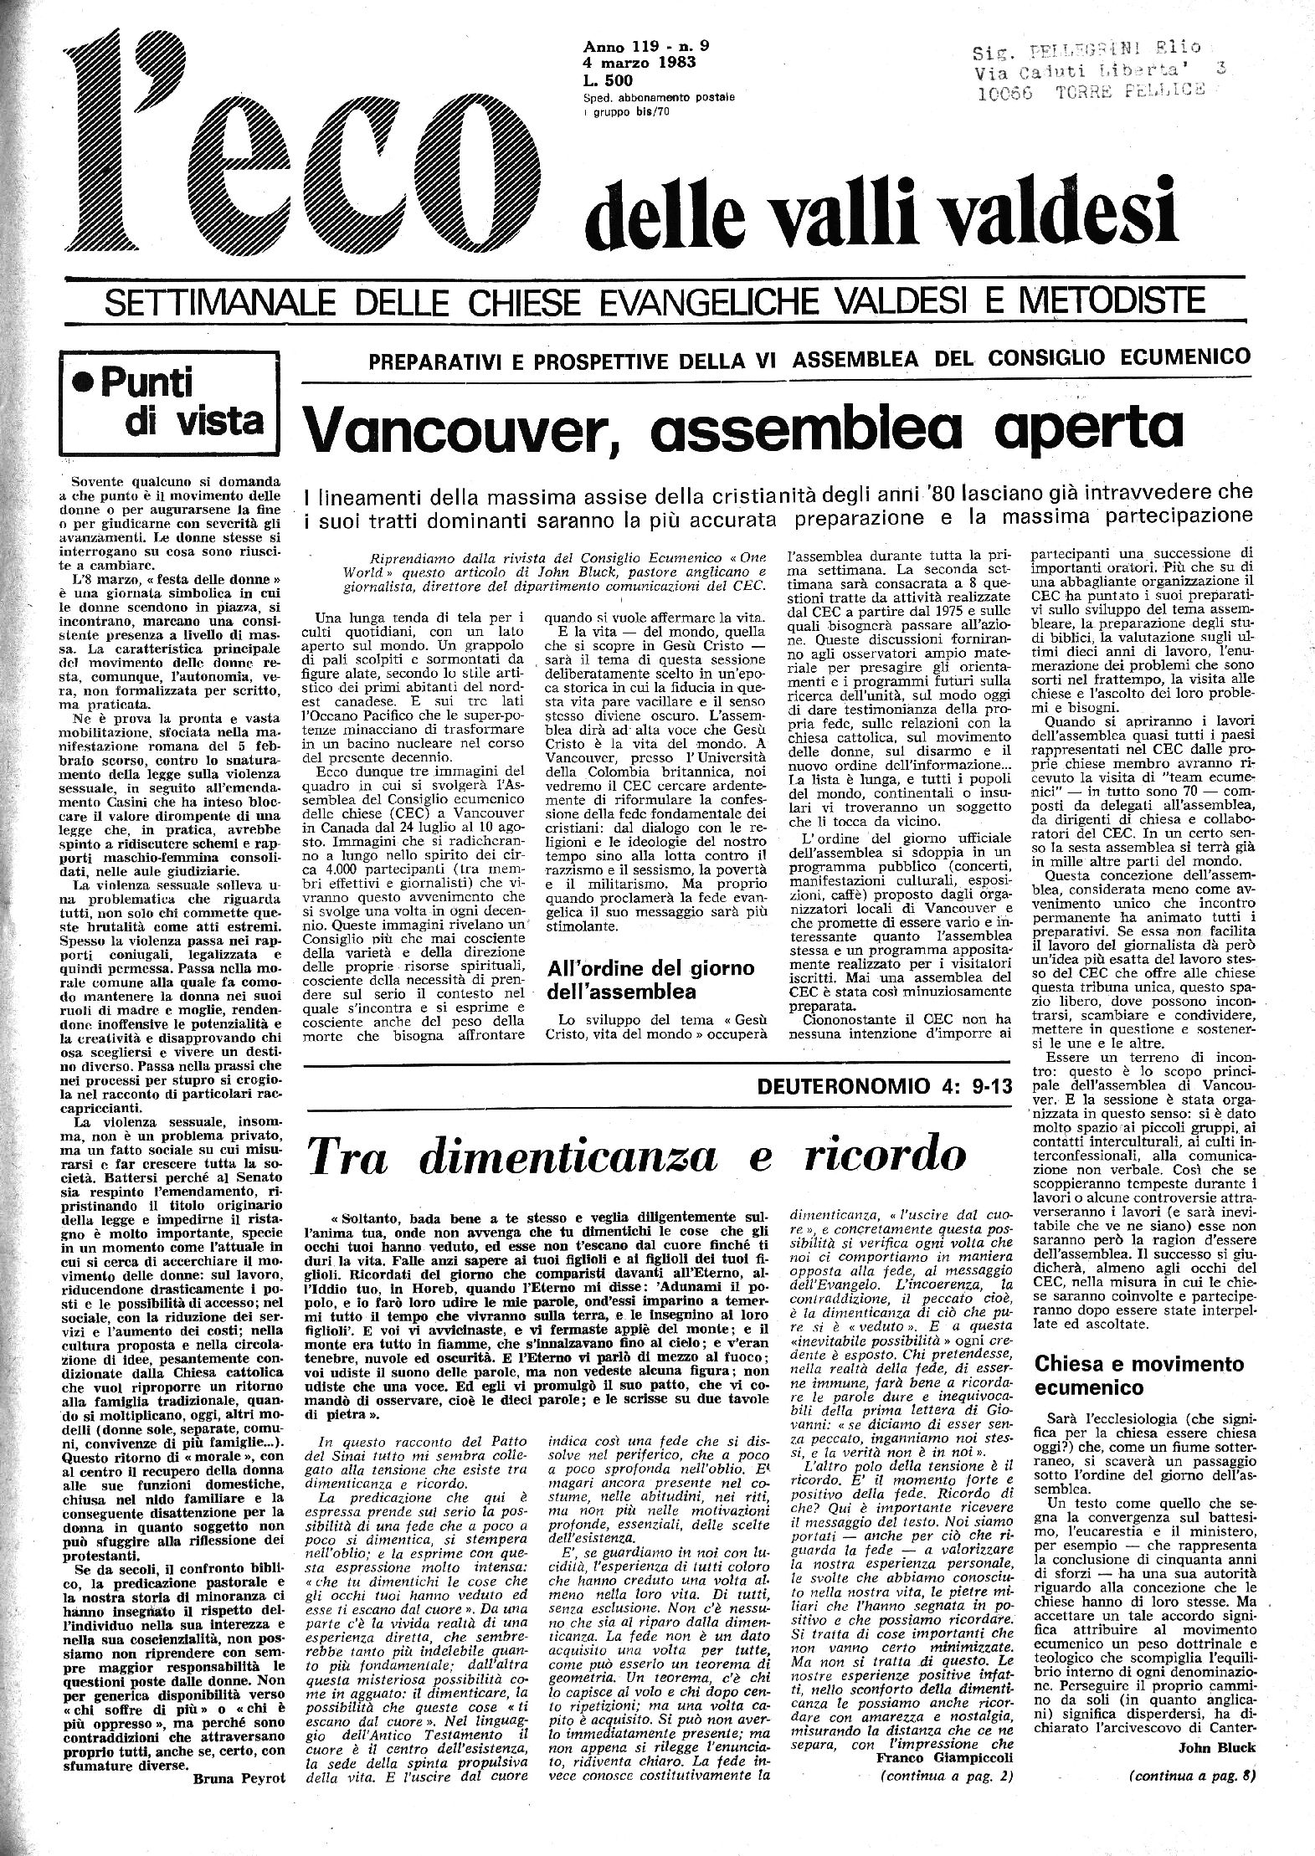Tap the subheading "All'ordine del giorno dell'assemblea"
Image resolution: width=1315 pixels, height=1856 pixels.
(651, 981)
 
